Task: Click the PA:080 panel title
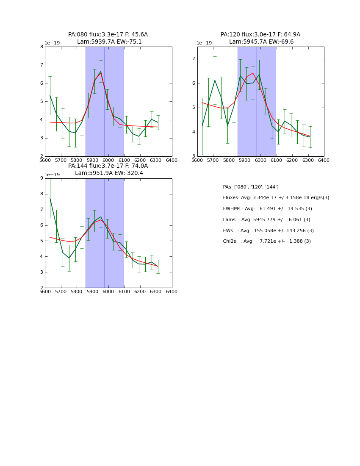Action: [108, 35]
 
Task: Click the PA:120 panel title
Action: [260, 35]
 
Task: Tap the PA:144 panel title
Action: [108, 166]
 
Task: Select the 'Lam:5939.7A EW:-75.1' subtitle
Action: [109, 42]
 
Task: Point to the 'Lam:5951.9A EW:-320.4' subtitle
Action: [109, 173]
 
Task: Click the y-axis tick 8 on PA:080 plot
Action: [42, 47]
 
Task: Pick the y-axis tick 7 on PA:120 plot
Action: [194, 58]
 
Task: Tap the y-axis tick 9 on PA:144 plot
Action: [42, 178]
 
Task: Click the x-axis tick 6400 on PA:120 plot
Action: [324, 160]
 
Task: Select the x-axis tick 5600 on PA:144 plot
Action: [44, 291]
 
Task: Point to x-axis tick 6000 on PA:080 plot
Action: [108, 160]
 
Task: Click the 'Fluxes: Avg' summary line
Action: [276, 198]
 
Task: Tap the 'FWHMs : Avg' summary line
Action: [267, 209]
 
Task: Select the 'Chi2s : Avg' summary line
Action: [267, 241]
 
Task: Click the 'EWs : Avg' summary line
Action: [268, 231]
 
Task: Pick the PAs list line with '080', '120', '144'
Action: [251, 187]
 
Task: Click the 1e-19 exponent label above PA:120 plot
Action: [204, 43]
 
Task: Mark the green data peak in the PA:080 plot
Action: [101, 72]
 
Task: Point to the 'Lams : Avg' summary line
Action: [266, 220]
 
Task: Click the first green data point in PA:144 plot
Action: [50, 198]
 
